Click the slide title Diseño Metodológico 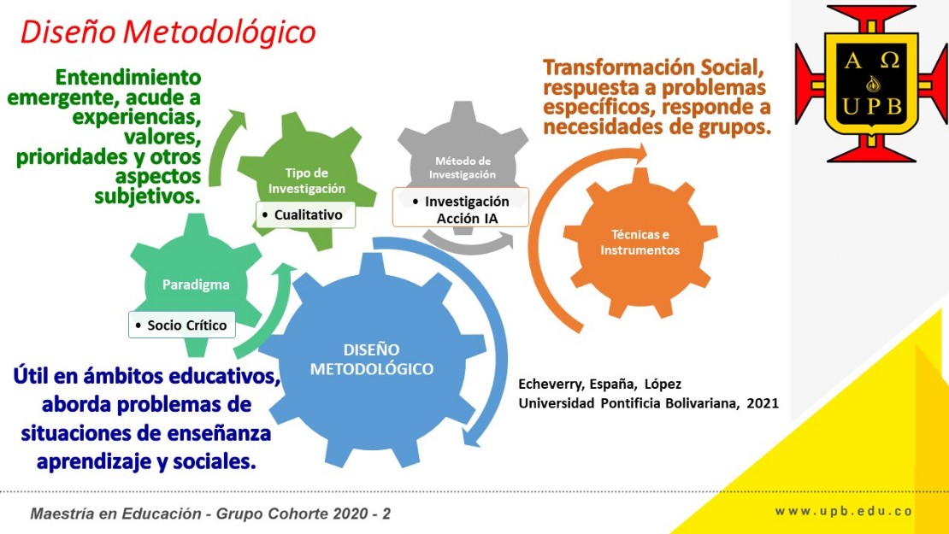(x=168, y=32)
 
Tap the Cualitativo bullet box (x=305, y=214)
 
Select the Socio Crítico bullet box (x=182, y=325)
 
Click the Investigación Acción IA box (x=461, y=208)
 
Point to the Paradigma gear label (x=196, y=285)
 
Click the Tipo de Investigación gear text (x=307, y=181)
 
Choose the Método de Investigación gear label (x=463, y=167)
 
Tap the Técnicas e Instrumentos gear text (x=640, y=243)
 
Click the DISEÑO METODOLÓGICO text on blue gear (x=372, y=359)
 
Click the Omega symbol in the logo (x=890, y=60)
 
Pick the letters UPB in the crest (x=872, y=107)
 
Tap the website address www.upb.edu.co (x=844, y=511)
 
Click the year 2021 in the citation (x=763, y=403)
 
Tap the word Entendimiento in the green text (x=127, y=78)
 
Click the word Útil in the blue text (x=31, y=376)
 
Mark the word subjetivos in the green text (x=147, y=197)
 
